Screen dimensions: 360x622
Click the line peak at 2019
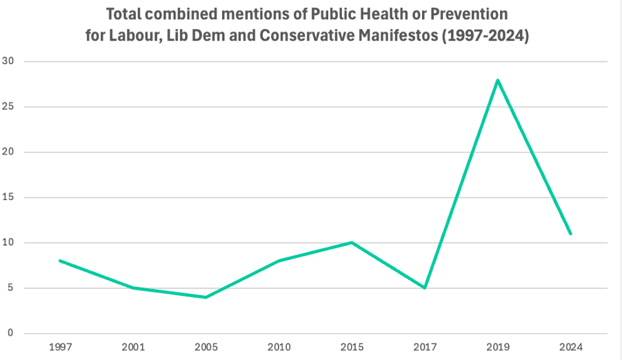tap(497, 80)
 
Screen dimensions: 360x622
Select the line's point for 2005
tap(205, 297)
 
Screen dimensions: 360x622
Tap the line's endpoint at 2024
tap(570, 234)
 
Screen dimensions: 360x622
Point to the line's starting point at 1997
tap(60, 261)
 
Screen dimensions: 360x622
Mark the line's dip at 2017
tap(424, 288)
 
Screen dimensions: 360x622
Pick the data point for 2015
tap(352, 243)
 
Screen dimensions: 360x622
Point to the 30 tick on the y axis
tap(9, 61)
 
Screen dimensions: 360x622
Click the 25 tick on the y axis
tap(9, 107)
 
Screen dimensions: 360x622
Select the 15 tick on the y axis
tap(9, 197)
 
